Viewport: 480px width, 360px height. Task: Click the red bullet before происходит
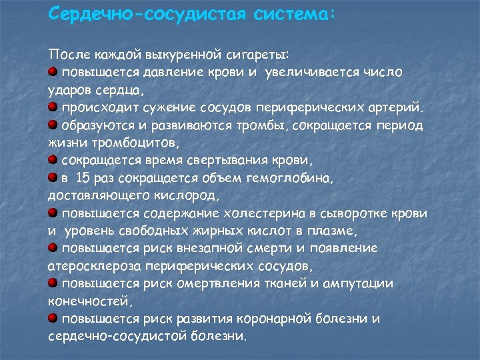(53, 107)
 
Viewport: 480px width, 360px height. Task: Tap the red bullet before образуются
(53, 125)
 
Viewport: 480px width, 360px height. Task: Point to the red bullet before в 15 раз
(53, 177)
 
